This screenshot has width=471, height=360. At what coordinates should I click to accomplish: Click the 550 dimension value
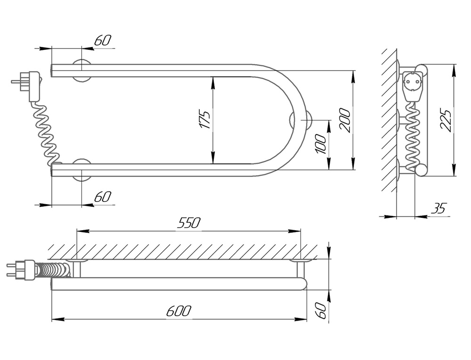tap(189, 223)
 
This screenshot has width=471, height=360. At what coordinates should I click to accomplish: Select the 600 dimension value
tap(179, 311)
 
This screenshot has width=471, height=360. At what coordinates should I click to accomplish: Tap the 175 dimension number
tap(205, 120)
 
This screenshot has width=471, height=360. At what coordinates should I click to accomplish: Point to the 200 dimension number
tap(345, 120)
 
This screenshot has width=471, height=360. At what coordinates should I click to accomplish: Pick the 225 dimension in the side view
tap(446, 120)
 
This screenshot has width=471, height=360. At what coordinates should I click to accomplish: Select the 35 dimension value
tap(439, 208)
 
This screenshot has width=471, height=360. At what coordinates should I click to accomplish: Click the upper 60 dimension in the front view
tap(103, 40)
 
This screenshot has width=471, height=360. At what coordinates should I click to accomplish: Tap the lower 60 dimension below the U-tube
tap(103, 197)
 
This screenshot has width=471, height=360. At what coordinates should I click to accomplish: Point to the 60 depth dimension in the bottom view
tap(321, 311)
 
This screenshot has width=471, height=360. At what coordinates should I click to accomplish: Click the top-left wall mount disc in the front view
tap(81, 70)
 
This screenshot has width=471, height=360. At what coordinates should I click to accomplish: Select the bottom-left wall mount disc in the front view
tap(81, 170)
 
